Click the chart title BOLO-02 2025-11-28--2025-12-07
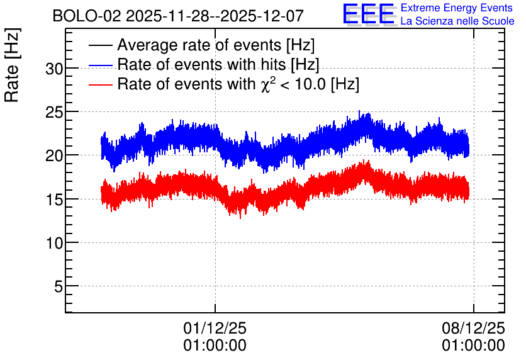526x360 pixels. point(178,16)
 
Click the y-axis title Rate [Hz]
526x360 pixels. point(12,65)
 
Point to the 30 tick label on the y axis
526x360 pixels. point(54,69)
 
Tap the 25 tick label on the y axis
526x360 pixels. point(54,113)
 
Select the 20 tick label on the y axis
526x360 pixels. point(54,155)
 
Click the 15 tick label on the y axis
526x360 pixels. point(54,200)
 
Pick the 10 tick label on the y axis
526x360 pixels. point(54,243)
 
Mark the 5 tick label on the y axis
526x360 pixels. point(59,286)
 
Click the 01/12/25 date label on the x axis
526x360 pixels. point(215,328)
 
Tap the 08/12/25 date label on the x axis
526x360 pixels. point(473,328)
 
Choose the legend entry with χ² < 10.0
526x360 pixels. point(238,84)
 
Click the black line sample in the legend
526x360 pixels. point(100,45)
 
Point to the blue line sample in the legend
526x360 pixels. point(100,65)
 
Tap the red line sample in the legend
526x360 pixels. point(100,84)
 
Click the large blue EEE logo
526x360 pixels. point(369,14)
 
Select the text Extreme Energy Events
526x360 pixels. point(457,8)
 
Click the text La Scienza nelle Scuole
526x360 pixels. point(457,21)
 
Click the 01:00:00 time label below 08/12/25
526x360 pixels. point(473,346)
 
